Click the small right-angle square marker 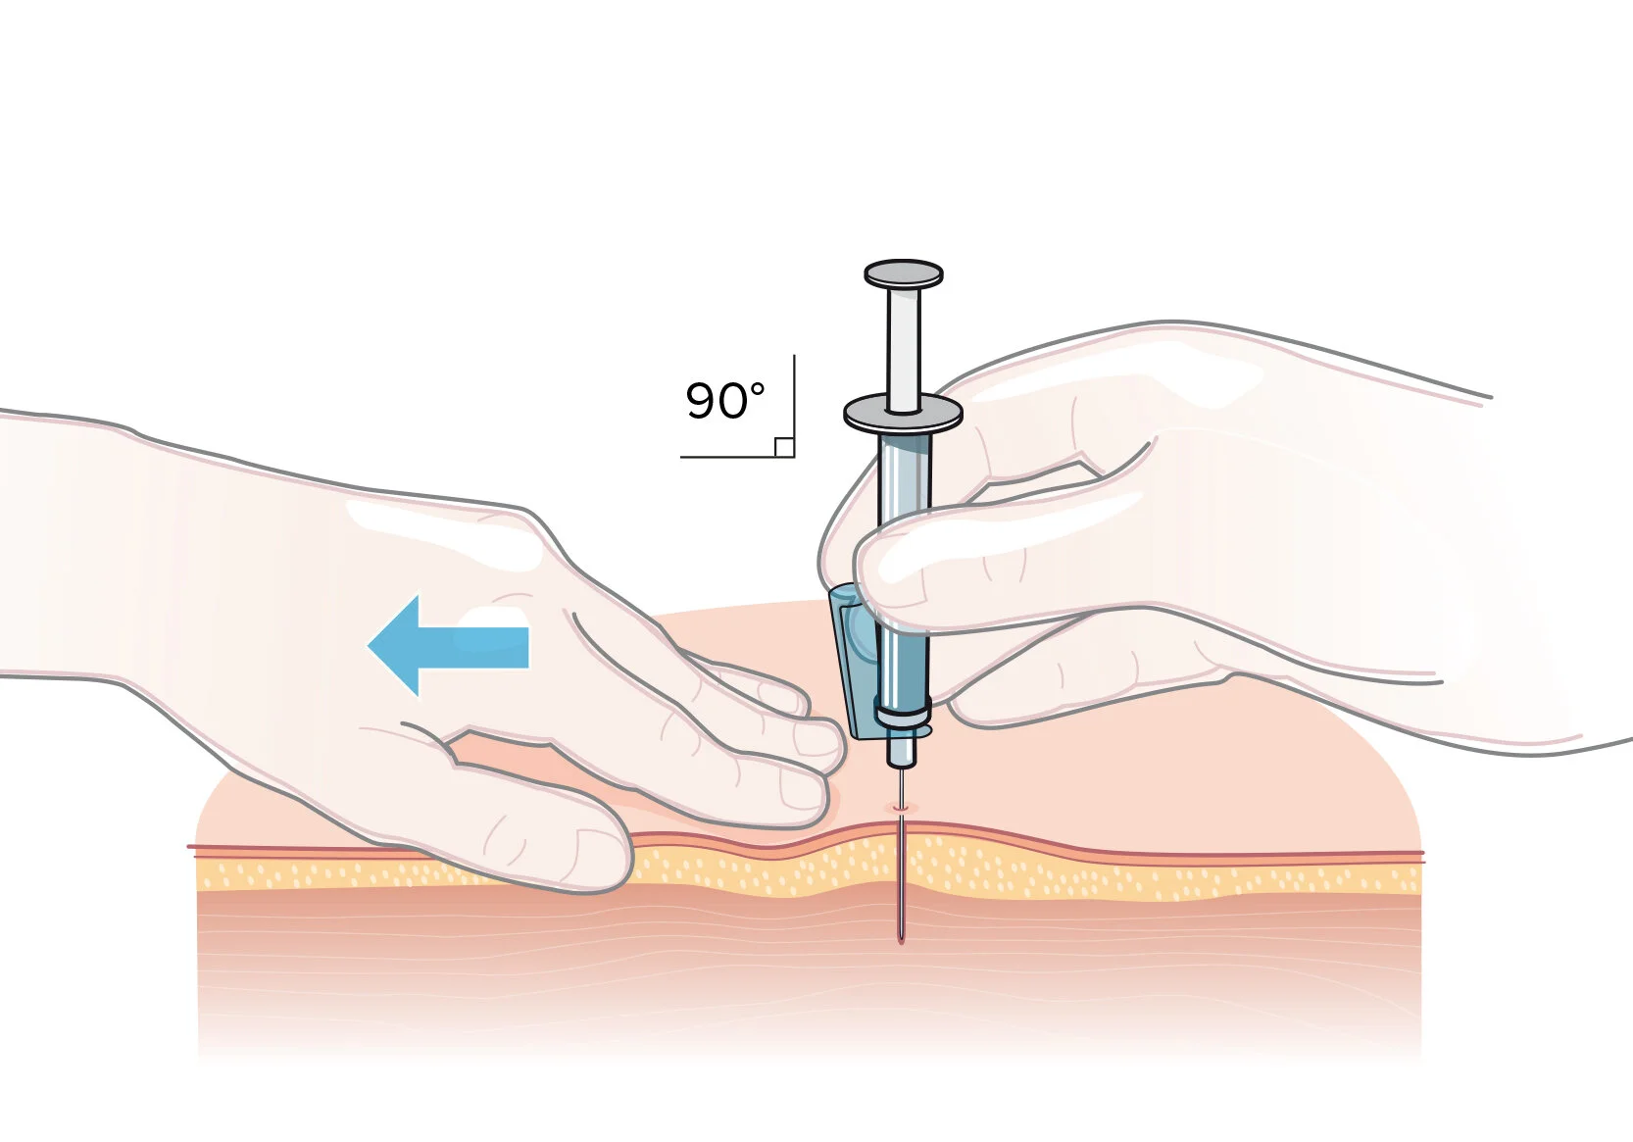pos(784,447)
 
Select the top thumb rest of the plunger pos(903,273)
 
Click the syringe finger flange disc pos(902,414)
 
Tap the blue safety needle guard pos(850,662)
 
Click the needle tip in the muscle pos(901,938)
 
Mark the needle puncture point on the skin pos(901,807)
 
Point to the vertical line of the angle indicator pos(794,402)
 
